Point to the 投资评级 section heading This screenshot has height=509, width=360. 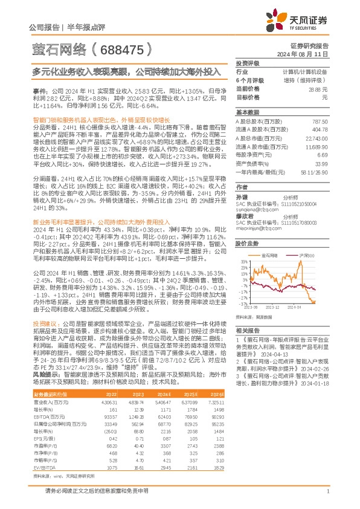point(248,63)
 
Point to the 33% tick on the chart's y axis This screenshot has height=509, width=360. point(244,262)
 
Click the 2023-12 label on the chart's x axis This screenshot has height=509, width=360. point(274,307)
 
